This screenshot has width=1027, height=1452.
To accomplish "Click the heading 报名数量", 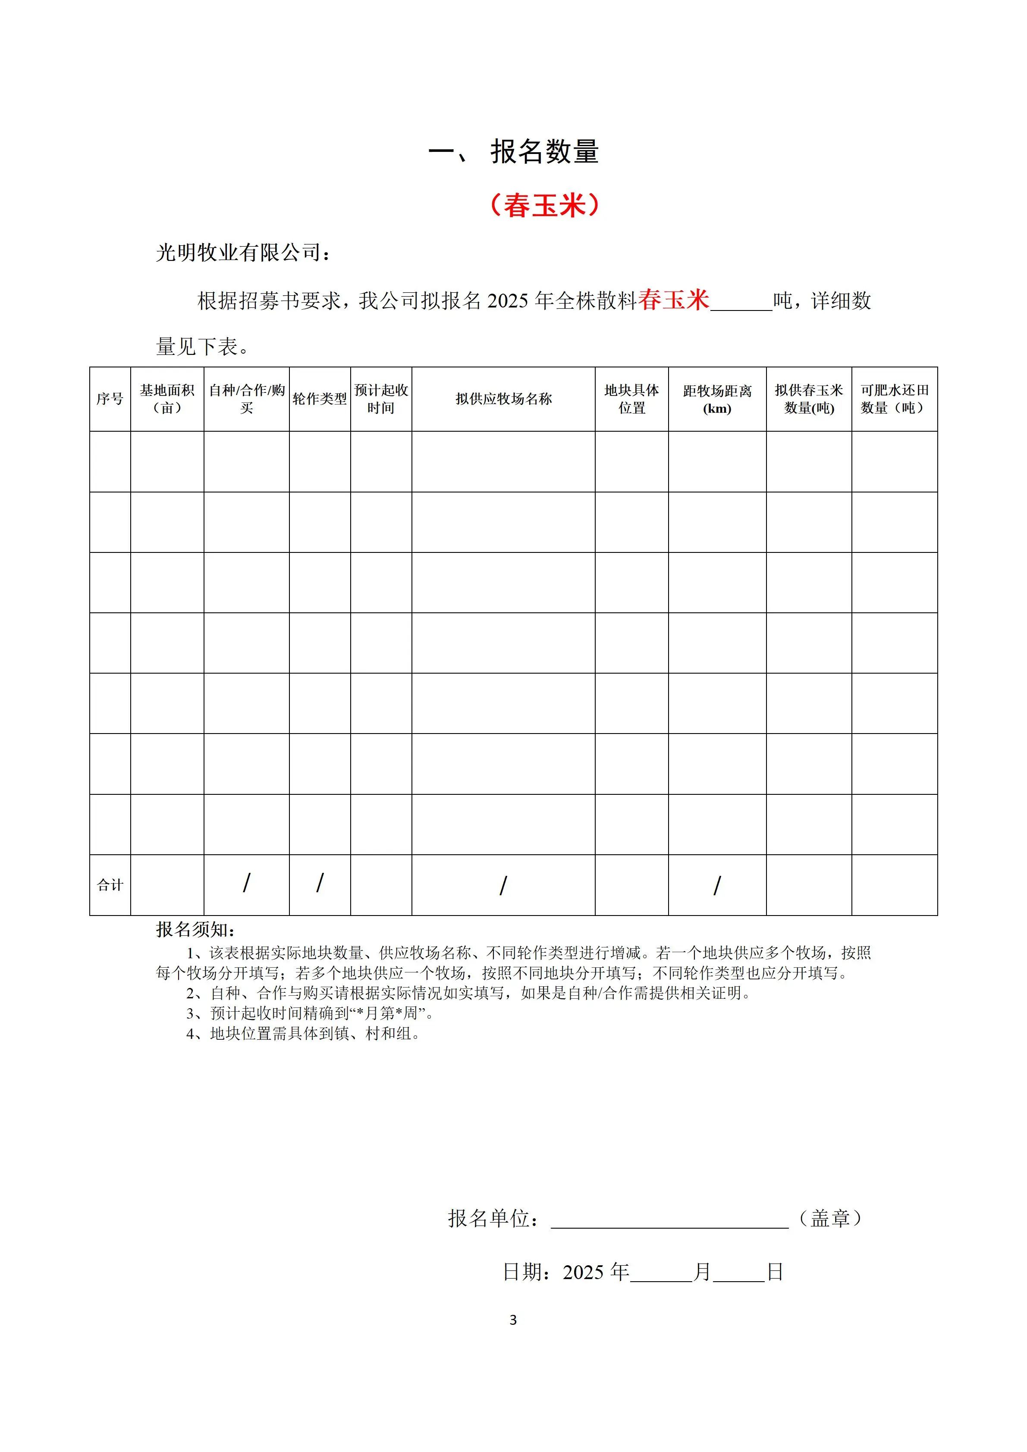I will (x=544, y=152).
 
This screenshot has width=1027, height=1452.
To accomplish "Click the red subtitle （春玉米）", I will (x=544, y=206).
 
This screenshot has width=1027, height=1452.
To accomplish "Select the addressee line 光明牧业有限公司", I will (x=243, y=253).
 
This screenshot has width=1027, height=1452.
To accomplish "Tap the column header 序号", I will (x=110, y=399).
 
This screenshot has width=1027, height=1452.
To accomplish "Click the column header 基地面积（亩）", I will (x=167, y=399).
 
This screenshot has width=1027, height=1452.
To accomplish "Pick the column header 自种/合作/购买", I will (x=247, y=399).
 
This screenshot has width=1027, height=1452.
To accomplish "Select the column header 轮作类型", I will (x=320, y=399).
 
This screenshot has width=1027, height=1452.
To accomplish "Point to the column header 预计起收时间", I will (x=381, y=399).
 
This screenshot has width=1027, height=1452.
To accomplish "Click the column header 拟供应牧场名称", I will (x=503, y=399).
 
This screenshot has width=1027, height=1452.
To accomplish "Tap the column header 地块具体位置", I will (x=632, y=399).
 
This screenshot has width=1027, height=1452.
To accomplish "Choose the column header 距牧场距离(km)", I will (x=717, y=399).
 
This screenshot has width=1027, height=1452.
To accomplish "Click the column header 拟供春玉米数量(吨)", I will (x=809, y=399).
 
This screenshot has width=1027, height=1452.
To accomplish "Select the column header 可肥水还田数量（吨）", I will (x=894, y=399).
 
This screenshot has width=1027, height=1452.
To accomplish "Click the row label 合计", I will (x=110, y=885).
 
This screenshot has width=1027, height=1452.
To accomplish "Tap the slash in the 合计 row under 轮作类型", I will (x=320, y=883).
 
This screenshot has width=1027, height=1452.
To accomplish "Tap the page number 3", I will (x=513, y=1320).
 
